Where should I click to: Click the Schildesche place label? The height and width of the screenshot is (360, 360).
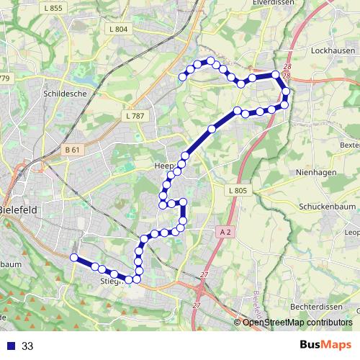pos(64,94)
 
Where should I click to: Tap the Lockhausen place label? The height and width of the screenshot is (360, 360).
pos(330,51)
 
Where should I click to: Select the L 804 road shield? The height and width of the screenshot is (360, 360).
pos(120,30)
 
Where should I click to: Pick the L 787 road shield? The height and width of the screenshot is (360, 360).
pos(135,116)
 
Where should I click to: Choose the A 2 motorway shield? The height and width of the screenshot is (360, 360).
pos(226,232)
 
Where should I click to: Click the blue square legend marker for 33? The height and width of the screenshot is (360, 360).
pos(10,346)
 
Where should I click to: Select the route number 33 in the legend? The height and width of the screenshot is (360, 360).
pos(27,346)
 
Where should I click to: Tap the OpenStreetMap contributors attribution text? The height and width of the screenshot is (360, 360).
pos(297,323)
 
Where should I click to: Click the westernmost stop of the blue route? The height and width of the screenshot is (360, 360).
pos(73,257)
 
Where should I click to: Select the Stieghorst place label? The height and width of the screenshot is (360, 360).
pos(112,281)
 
